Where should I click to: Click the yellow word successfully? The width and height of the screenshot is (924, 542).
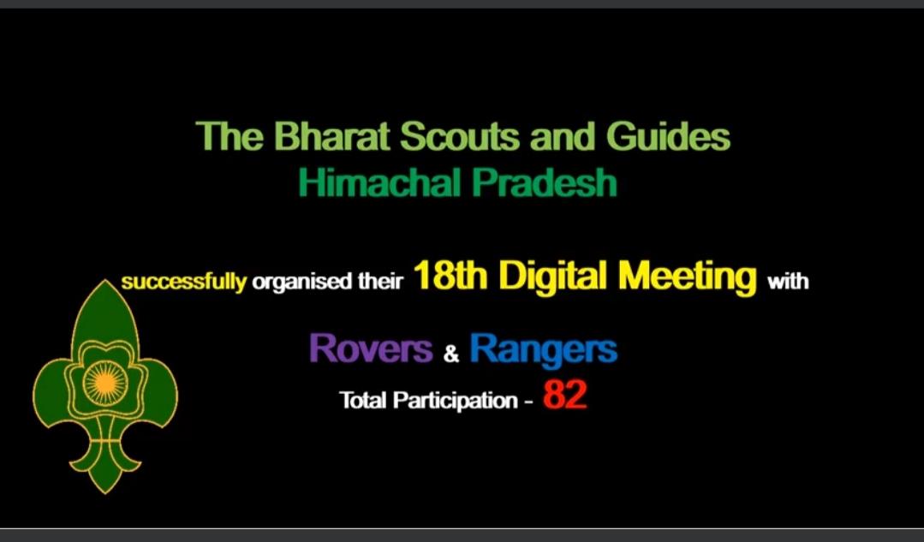183,282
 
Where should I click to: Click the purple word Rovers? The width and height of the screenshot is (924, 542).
370,348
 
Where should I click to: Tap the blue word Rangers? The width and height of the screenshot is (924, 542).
543,348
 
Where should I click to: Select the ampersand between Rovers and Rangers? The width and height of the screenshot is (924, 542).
451,353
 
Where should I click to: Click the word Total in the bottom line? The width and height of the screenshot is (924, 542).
365,400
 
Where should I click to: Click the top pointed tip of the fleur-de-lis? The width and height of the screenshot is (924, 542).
104,283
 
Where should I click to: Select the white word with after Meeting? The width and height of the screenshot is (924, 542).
788,282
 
